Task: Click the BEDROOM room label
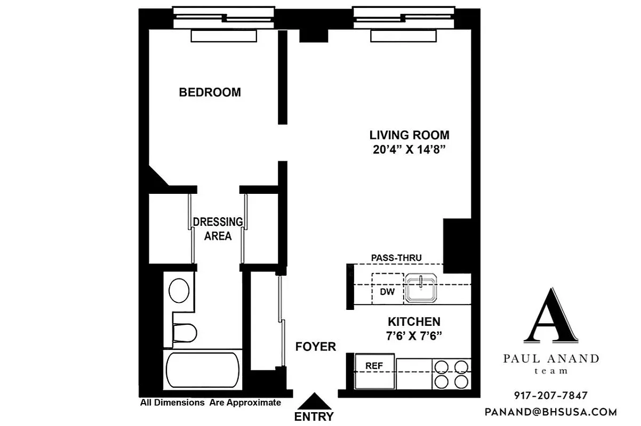point(210,92)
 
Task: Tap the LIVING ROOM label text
point(410,135)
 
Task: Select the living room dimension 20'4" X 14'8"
point(410,150)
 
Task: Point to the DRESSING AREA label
point(218,228)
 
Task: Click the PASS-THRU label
point(396,258)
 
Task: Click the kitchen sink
point(421,288)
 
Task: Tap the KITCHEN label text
point(414,322)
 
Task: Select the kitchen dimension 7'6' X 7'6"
point(414,336)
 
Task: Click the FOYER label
point(316,347)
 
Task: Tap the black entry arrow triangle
point(318,401)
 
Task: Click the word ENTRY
point(314,416)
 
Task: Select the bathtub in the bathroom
point(202,371)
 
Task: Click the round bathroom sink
point(179,291)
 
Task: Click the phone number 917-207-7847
point(551,396)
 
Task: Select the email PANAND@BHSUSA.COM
point(550,412)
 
